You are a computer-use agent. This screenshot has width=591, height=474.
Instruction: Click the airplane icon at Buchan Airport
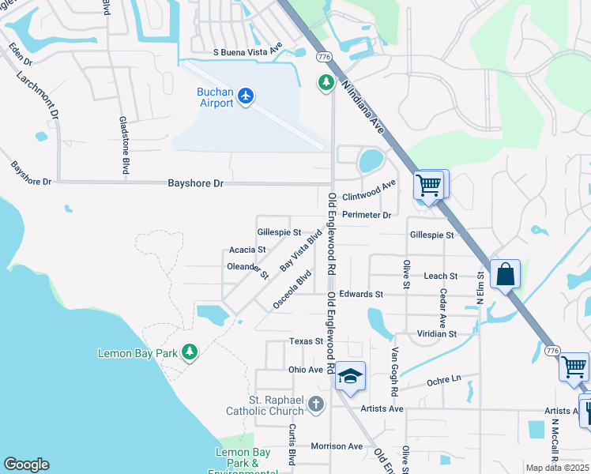pos(247,96)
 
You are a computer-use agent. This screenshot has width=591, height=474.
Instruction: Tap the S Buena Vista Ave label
pos(247,52)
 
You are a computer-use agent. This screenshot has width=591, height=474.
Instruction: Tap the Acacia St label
pos(247,250)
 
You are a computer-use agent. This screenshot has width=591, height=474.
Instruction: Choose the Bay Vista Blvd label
pos(302,250)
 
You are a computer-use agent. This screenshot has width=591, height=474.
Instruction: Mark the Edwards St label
pos(360,294)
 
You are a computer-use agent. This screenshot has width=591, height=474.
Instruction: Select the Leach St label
pos(440,276)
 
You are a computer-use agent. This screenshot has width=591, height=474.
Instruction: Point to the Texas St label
pos(307,341)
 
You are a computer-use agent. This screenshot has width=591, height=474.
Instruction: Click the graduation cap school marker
pos(350,375)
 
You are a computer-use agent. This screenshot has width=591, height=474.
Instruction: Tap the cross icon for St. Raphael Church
pos(315,404)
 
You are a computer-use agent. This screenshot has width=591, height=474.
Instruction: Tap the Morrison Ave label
pos(337,446)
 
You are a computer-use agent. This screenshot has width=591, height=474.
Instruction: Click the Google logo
pos(26,465)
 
